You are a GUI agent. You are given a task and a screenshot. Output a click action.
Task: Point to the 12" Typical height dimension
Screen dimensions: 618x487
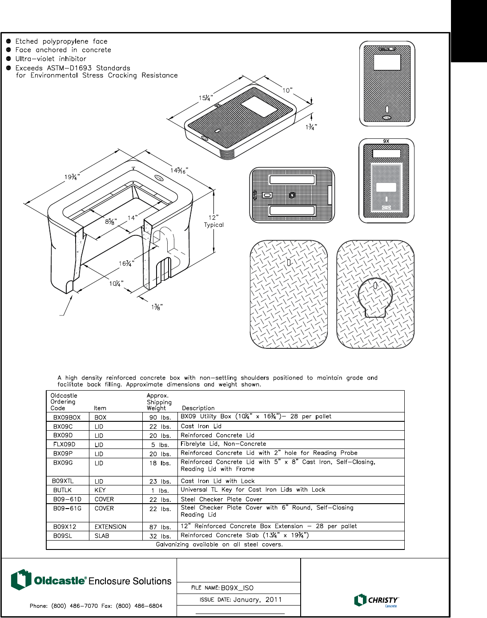tap(214, 221)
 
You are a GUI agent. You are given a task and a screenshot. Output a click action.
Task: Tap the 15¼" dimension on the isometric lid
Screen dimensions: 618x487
tap(205, 98)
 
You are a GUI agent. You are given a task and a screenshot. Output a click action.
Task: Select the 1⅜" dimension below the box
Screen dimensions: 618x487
tap(157, 307)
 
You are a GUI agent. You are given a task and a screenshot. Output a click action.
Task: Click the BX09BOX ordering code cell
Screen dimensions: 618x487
tap(67, 417)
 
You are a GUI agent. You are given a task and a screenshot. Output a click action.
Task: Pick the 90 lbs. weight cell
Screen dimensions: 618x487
tap(160, 417)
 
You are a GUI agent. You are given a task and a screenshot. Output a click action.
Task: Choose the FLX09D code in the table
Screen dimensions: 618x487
tap(64, 444)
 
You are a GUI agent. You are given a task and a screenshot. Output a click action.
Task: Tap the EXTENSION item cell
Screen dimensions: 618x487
tap(110, 526)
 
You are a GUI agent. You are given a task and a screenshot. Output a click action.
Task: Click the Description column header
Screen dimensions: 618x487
tap(198, 408)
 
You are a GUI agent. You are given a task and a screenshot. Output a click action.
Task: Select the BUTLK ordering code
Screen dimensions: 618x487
tap(62, 490)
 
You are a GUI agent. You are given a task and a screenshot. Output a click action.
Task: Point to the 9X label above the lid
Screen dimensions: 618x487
tap(386, 141)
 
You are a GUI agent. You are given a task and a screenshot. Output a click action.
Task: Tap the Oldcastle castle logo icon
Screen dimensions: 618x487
tap(20, 580)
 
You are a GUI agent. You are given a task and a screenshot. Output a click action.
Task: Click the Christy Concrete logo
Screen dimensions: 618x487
tap(376, 600)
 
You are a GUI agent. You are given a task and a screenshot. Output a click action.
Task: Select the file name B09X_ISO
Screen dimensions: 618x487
tap(237, 588)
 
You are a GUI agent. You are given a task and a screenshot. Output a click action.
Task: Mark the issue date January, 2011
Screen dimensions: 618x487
tap(258, 599)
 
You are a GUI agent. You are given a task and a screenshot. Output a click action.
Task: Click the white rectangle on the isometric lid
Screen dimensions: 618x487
tap(259, 107)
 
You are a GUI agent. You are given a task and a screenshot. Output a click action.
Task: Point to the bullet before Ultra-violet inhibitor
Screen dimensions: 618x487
tap(8, 59)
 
